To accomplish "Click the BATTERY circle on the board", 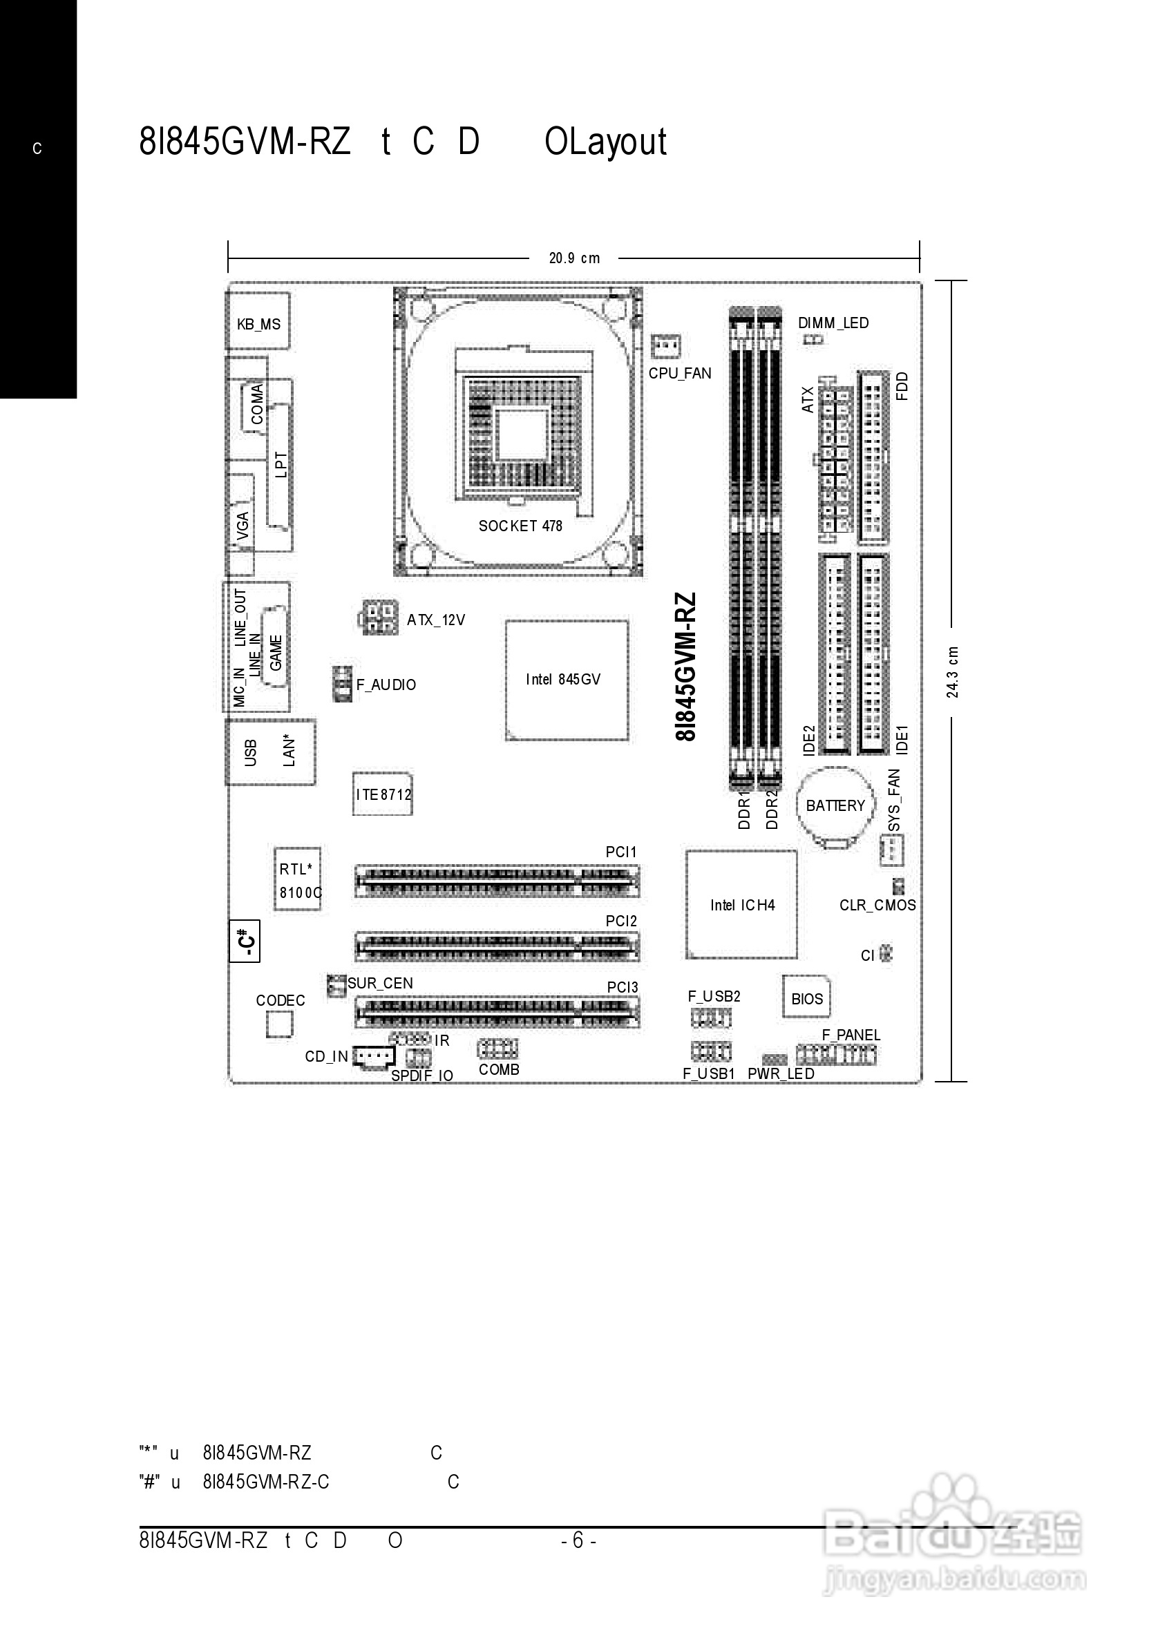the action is pos(835,806).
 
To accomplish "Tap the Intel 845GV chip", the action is pos(567,680).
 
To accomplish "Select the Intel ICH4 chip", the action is pos(741,904).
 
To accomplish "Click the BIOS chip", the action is pos(806,997).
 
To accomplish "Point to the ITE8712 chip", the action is pos(382,794).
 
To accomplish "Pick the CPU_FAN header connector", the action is pos(665,347).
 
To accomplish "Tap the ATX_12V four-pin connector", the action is pos(378,618).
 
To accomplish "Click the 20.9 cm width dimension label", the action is pos(573,258).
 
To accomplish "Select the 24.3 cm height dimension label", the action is pos(953,671).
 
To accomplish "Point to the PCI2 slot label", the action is pos(621,921).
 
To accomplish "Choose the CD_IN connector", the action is pos(374,1055).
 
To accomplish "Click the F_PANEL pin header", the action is pos(836,1055).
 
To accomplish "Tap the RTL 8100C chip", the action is pos(298,879).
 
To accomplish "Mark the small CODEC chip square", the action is pos(279,1024).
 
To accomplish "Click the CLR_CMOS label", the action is pos(877,905).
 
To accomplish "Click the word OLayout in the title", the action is pos(606,142).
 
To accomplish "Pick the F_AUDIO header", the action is pos(342,684).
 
